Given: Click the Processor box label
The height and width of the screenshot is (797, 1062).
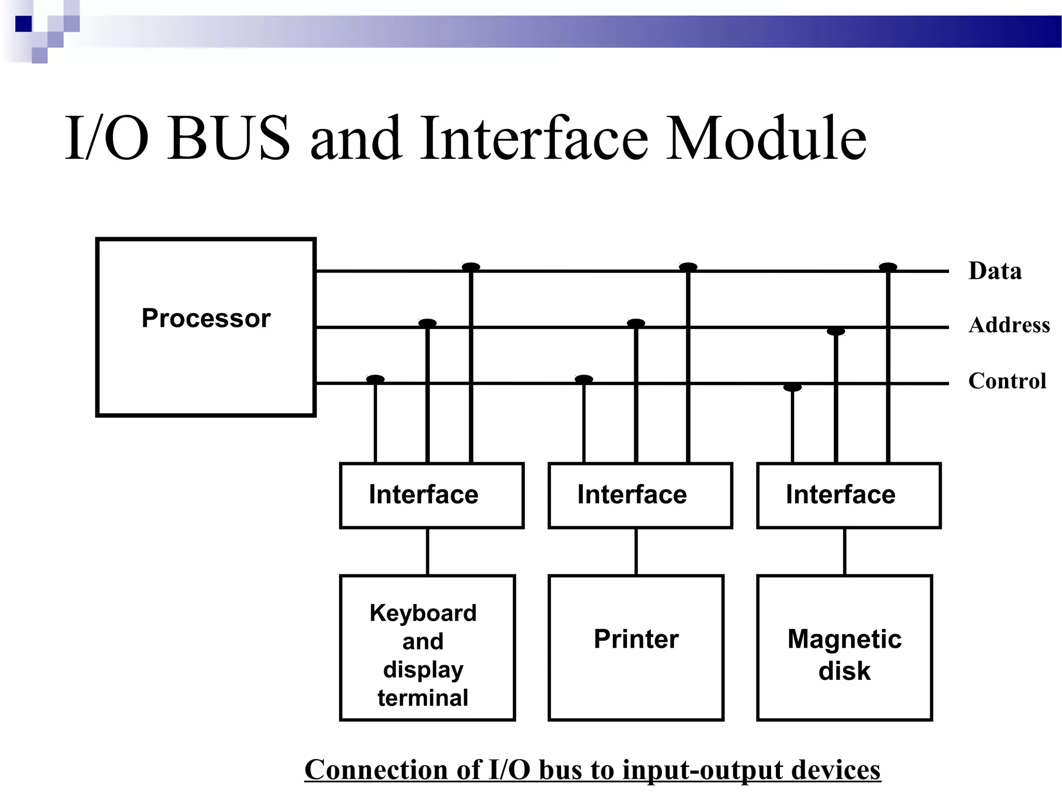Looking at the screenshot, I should click(x=206, y=318).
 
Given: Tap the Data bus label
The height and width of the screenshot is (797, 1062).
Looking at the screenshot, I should click(x=995, y=271).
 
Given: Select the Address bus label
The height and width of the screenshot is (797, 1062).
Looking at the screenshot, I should click(x=1009, y=325).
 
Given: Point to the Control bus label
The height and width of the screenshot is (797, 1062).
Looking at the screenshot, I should click(x=1007, y=381).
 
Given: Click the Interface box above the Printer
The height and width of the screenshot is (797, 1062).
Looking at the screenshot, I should click(x=640, y=495).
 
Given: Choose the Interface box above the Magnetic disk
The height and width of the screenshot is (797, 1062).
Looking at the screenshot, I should click(x=848, y=495).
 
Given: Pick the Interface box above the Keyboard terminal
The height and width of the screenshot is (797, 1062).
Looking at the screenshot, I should click(x=431, y=495).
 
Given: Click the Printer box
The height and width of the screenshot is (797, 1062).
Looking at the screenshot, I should click(x=636, y=647).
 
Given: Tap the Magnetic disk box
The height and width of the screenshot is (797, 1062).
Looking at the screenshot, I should click(x=844, y=647).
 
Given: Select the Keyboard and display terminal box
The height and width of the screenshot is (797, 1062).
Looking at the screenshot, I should click(x=427, y=647).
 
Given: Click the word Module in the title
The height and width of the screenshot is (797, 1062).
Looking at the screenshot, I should click(x=766, y=139).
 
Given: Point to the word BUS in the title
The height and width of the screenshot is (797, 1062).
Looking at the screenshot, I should click(x=229, y=139).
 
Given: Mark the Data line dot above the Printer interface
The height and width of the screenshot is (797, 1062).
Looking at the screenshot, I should click(x=688, y=267).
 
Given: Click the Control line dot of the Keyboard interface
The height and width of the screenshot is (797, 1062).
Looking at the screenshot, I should click(x=375, y=379).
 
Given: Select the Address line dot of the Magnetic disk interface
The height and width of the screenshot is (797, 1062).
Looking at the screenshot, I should click(x=835, y=331).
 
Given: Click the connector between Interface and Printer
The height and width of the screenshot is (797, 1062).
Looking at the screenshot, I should click(x=636, y=552).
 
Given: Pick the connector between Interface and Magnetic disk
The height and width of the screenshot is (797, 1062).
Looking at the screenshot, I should click(x=845, y=552).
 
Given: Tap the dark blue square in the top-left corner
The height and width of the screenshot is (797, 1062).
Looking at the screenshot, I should click(x=23, y=24).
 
